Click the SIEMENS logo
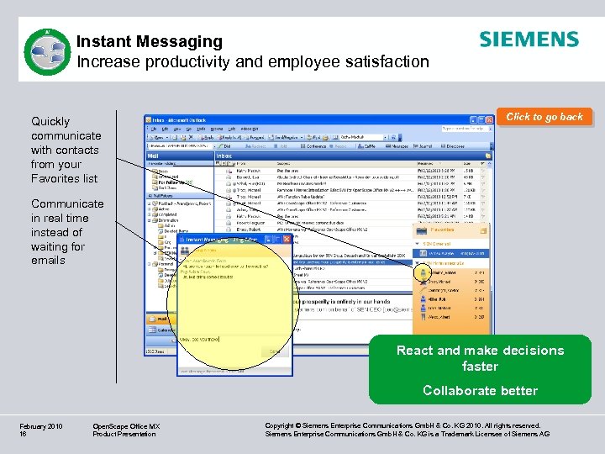(529, 40)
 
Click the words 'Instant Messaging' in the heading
(150, 41)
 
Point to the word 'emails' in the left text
(48, 261)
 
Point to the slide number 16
(24, 435)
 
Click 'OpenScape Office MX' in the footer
(126, 427)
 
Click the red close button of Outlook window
(491, 120)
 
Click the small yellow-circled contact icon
(421, 272)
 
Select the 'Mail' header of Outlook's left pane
(154, 156)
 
